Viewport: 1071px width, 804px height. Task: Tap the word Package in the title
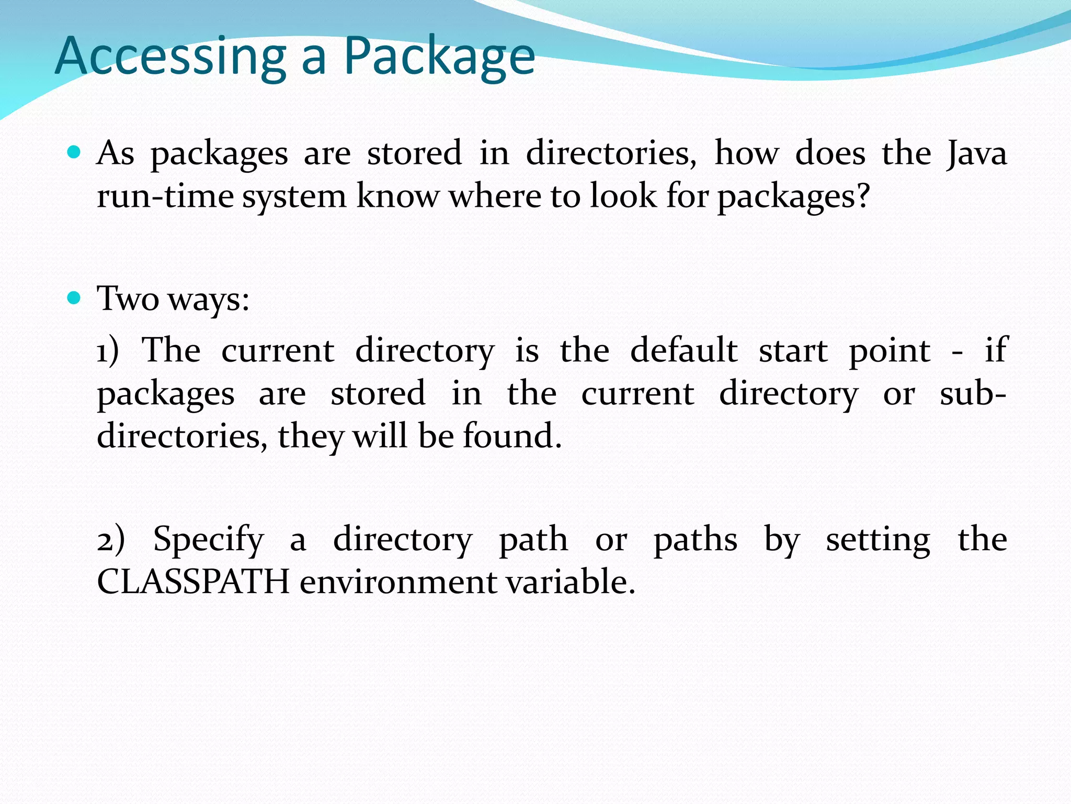click(439, 57)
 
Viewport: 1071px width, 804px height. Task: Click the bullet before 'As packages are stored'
click(74, 152)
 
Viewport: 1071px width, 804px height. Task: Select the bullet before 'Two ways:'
click(74, 298)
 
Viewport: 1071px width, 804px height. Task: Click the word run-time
click(165, 197)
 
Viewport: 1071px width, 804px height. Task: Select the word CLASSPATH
click(193, 582)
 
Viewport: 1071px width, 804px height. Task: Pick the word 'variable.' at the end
click(570, 582)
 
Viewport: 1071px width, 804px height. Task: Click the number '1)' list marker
click(108, 351)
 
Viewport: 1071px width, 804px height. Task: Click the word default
click(683, 351)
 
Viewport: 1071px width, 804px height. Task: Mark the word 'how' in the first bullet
click(746, 153)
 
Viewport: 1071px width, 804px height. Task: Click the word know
click(398, 197)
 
